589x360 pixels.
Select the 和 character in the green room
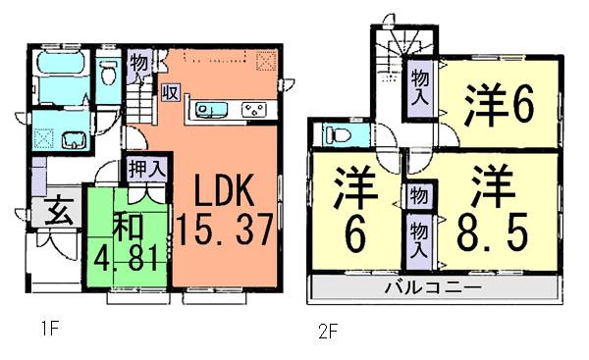[x=130, y=227]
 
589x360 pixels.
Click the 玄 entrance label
[x=56, y=211]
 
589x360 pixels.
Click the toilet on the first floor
[x=110, y=70]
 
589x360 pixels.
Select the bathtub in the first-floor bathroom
[x=60, y=68]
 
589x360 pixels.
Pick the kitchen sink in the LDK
[x=208, y=108]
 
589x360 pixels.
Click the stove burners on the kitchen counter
[x=254, y=108]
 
